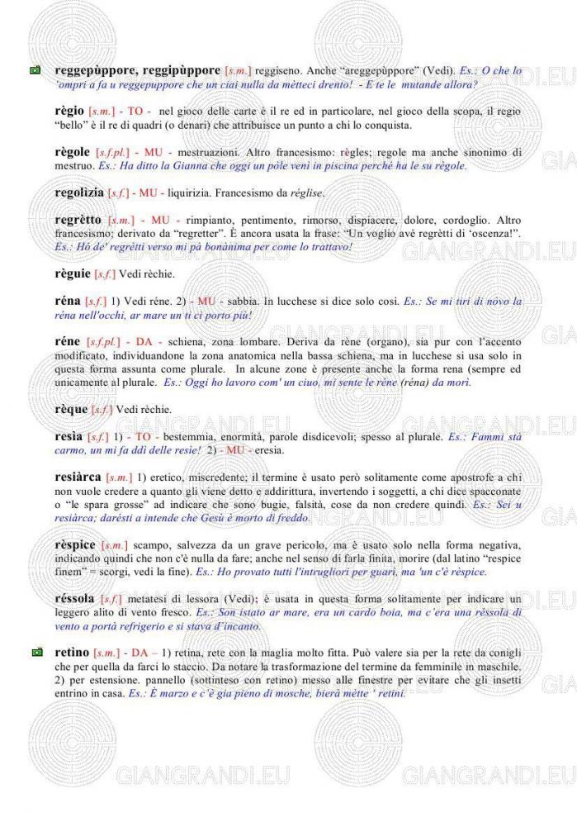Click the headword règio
[69, 111]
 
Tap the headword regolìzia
[79, 192]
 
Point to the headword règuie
[72, 273]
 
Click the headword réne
[67, 341]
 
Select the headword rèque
[71, 409]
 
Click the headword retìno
[71, 653]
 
